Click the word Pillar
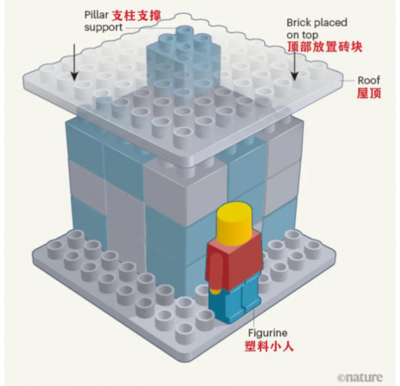(96, 15)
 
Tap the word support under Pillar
(103, 27)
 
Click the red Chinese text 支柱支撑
(136, 16)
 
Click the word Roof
(369, 81)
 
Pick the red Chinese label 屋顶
(369, 93)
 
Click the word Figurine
(267, 333)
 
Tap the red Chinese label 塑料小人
(269, 346)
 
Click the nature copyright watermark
(360, 377)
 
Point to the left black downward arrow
(74, 62)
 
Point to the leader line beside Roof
(347, 81)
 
